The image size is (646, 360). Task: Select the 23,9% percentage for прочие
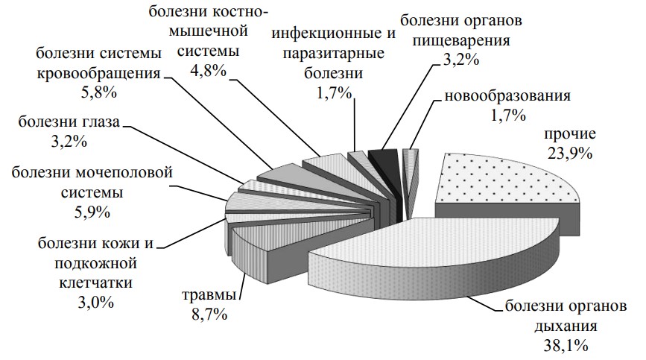(568, 154)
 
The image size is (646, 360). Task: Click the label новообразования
(507, 96)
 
